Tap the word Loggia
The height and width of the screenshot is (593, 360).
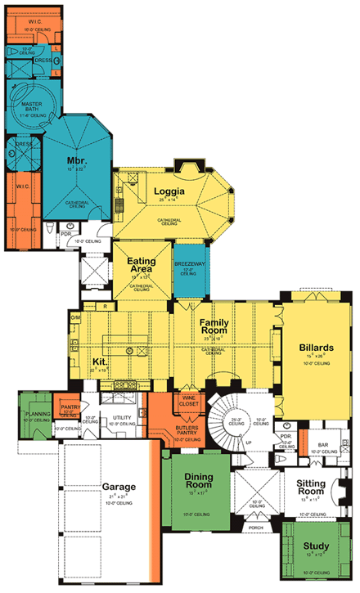pyautogui.click(x=173, y=192)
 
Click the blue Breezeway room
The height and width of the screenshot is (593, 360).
pyautogui.click(x=187, y=270)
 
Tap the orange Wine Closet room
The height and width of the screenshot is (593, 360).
pyautogui.click(x=189, y=402)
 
